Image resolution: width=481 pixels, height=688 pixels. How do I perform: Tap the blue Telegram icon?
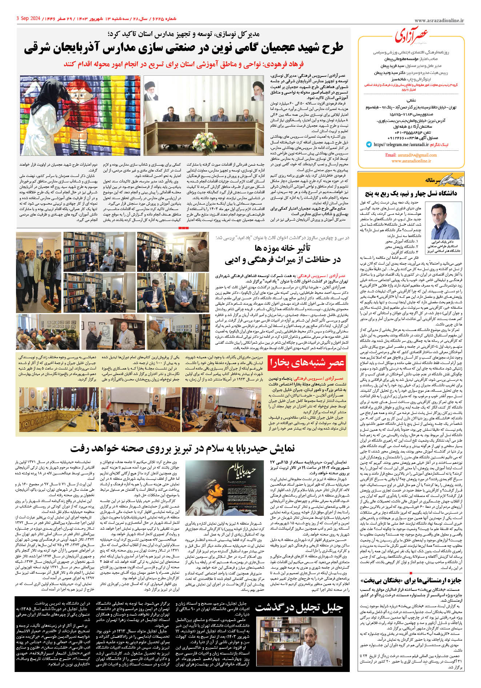[369, 145]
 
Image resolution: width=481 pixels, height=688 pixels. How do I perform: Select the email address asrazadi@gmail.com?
[411, 155]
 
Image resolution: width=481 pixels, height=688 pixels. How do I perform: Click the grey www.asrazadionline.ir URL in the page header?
[439, 21]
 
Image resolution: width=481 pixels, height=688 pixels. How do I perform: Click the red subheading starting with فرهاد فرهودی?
[183, 64]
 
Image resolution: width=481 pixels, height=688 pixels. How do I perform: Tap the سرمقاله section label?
[433, 180]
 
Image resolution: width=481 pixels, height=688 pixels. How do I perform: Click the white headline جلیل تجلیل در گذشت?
[299, 607]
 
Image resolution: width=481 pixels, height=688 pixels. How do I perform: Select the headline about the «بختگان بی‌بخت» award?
[411, 580]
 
